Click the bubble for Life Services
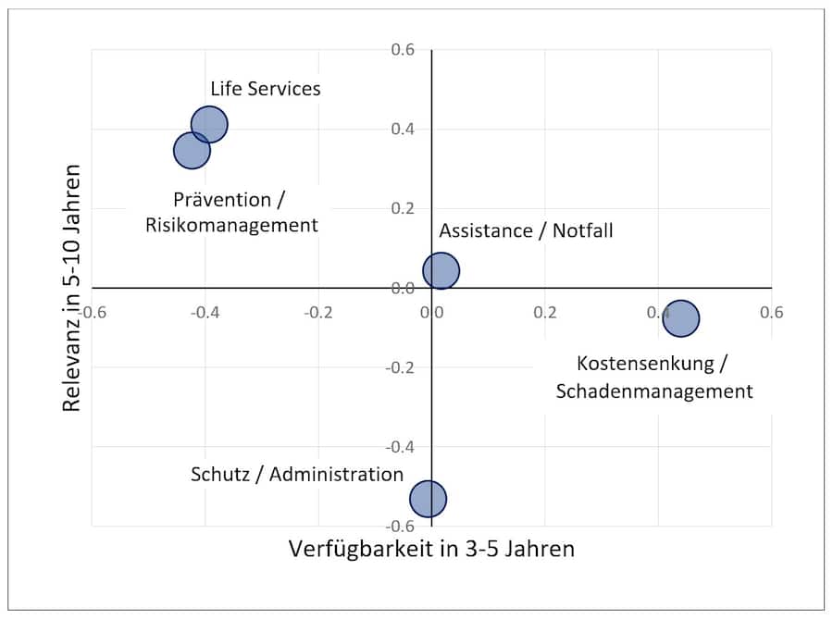point(210,125)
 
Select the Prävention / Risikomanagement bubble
point(191,150)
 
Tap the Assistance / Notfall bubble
point(441,271)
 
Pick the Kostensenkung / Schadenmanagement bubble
point(681,318)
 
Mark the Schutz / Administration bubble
point(429,499)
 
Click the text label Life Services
point(266,89)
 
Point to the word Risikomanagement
point(231,225)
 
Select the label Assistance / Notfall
point(526,230)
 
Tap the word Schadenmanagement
point(654,391)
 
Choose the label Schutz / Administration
point(297,475)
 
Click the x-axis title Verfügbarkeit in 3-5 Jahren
point(431,549)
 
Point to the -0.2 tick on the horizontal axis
point(317,312)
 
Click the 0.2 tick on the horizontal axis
point(544,312)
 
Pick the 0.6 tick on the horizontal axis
point(771,312)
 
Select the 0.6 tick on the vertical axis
point(402,49)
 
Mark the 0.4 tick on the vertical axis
point(402,129)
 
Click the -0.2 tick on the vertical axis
point(399,367)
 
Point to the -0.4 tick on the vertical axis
point(399,447)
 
